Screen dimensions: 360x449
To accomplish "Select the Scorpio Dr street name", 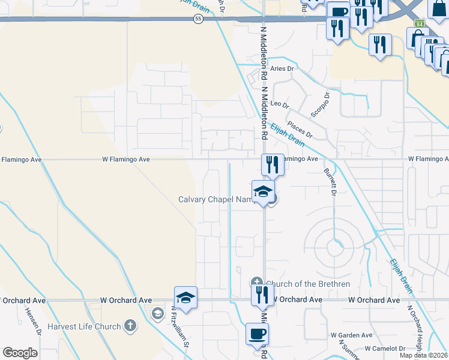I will tap(319, 104).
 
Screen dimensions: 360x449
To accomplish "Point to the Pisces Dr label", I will tap(299, 129).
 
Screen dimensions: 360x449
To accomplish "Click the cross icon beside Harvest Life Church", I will tap(130, 326).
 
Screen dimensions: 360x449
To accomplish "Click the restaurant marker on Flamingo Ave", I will tap(273, 164).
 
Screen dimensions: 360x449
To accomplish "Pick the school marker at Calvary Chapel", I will tap(263, 192).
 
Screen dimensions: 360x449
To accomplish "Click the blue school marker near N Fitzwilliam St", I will tap(185, 298).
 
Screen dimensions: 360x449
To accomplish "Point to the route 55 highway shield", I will tap(198, 19).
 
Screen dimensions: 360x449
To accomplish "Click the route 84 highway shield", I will tap(418, 23).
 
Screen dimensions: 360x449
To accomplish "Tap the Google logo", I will tap(20, 353).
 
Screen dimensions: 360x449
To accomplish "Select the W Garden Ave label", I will tap(352, 335).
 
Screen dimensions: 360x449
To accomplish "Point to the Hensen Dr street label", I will tap(32, 322).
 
